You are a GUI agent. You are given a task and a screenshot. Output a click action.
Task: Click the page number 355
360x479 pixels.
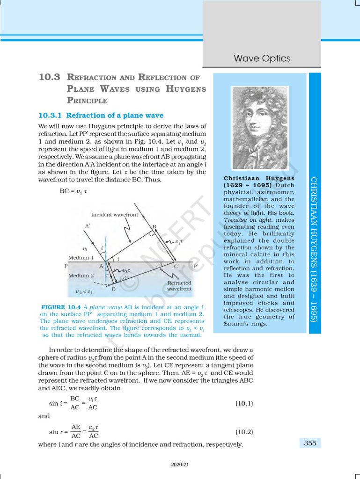[310, 443]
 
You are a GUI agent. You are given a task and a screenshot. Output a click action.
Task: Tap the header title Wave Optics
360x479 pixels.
[262, 58]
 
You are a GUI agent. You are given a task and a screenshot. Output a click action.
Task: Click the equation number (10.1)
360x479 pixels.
[244, 403]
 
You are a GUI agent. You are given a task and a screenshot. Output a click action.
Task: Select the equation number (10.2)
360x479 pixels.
[244, 433]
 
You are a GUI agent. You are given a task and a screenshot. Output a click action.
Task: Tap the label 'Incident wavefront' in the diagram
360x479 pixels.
[115, 215]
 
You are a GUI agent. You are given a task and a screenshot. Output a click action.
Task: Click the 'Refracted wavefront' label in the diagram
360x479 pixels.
[179, 286]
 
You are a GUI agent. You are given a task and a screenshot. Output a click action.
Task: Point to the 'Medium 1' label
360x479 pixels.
[81, 258]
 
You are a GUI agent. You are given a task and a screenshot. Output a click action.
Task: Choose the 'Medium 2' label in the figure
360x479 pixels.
[81, 276]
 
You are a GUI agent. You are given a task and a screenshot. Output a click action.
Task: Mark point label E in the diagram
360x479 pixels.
[114, 290]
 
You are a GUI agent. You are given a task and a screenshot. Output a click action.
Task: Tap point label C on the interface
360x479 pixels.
[176, 266]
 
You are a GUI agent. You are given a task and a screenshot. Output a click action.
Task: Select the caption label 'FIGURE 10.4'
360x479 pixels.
[57, 307]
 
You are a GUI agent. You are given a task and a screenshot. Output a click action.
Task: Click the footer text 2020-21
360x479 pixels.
[180, 464]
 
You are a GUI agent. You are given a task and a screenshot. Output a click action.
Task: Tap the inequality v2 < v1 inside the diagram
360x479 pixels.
[84, 292]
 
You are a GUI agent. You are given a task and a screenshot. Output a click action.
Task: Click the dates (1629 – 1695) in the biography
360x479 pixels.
[244, 185]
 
